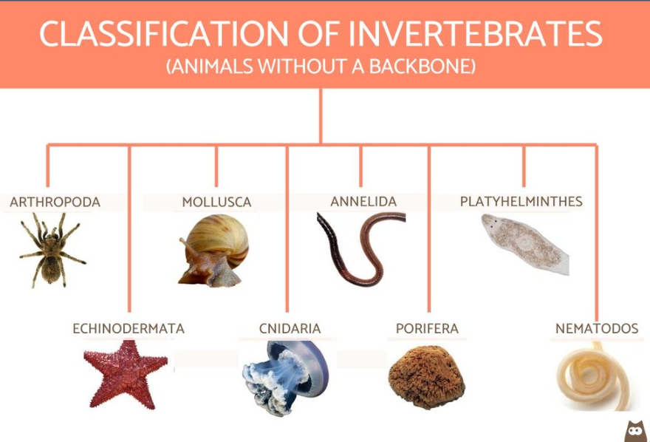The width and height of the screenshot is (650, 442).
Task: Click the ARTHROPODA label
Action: tap(55, 202)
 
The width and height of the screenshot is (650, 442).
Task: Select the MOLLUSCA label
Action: tap(216, 202)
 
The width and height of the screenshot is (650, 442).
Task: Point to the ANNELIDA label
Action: tap(363, 202)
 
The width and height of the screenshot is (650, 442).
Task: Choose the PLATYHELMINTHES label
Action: tap(521, 202)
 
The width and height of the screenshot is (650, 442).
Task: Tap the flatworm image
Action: tap(525, 245)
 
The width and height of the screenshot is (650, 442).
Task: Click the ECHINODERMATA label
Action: tap(129, 328)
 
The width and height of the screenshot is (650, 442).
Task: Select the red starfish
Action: tap(125, 373)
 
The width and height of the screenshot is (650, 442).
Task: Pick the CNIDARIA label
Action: tap(290, 328)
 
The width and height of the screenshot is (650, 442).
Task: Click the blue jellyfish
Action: tap(286, 376)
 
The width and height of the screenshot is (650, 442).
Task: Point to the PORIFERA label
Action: tap(427, 328)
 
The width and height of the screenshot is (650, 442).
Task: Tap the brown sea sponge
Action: tap(426, 376)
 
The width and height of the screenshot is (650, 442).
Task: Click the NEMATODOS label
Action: tap(597, 328)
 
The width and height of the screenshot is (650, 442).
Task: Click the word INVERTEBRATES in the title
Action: tap(475, 33)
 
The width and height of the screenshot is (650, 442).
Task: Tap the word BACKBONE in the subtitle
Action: tap(422, 67)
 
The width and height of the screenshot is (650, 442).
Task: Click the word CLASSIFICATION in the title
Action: tap(164, 33)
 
